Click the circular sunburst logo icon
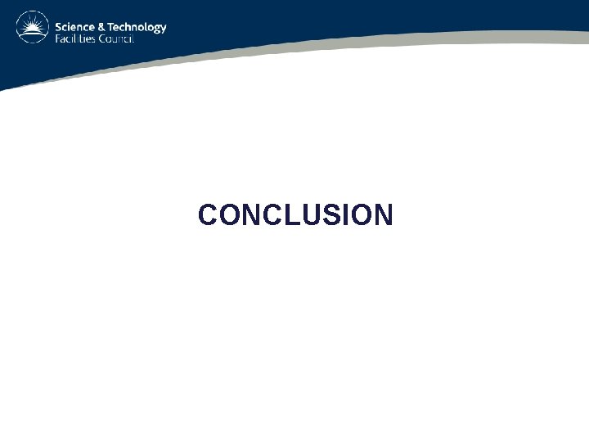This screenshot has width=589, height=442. click(x=33, y=27)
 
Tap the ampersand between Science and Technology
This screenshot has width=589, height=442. click(x=101, y=26)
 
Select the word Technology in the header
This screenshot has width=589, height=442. click(x=137, y=27)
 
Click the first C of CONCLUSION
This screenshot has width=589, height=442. click(x=208, y=215)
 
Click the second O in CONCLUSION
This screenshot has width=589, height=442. click(x=356, y=215)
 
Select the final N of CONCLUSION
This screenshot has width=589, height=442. click(x=382, y=215)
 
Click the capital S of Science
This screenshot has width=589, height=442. click(x=58, y=26)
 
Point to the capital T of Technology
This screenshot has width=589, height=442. click(x=111, y=26)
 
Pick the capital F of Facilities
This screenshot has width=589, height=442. click(x=57, y=38)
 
